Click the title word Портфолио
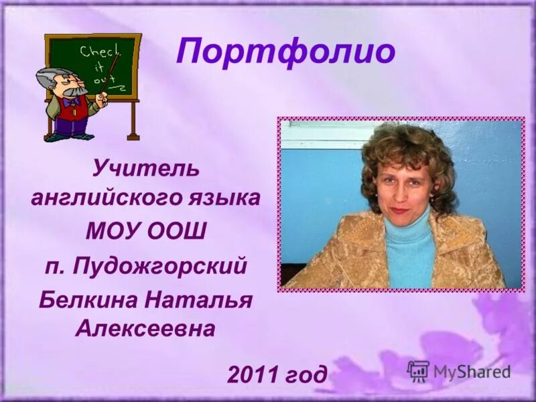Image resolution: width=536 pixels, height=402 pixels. point(285,52)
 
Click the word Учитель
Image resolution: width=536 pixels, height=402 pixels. point(145,168)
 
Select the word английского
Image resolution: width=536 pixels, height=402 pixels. point(104,199)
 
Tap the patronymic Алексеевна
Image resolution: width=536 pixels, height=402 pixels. point(145,328)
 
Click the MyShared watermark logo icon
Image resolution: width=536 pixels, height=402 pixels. point(418,371)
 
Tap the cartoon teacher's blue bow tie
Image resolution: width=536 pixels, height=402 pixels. point(72,101)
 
